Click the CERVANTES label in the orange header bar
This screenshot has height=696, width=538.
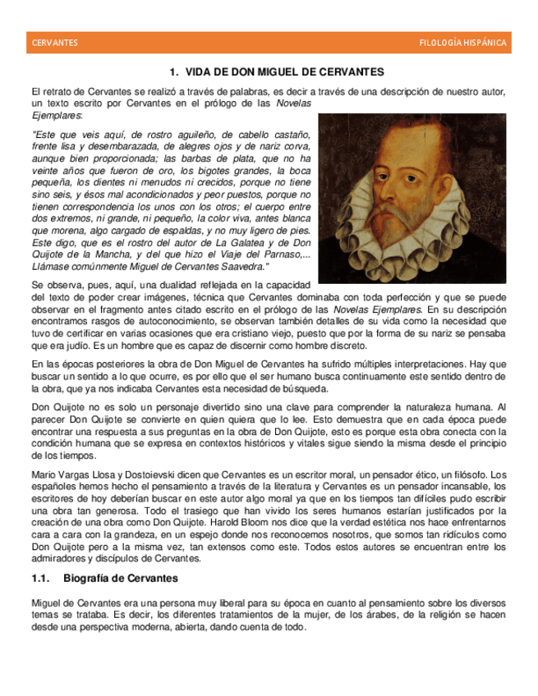pos(54,43)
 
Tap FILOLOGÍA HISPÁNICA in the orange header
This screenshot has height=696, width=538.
pos(462,43)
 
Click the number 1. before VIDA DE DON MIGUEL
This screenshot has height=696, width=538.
pos(173,72)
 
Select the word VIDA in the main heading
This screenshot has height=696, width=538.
pos(200,72)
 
